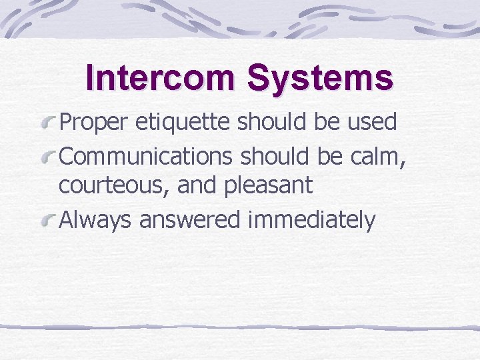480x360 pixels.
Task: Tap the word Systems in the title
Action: [320, 79]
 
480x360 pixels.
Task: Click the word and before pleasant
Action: [198, 185]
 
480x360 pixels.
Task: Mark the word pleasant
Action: [269, 186]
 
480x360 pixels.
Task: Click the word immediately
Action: [311, 219]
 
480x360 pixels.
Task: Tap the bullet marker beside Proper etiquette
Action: [49, 122]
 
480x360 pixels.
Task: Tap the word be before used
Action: [328, 122]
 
